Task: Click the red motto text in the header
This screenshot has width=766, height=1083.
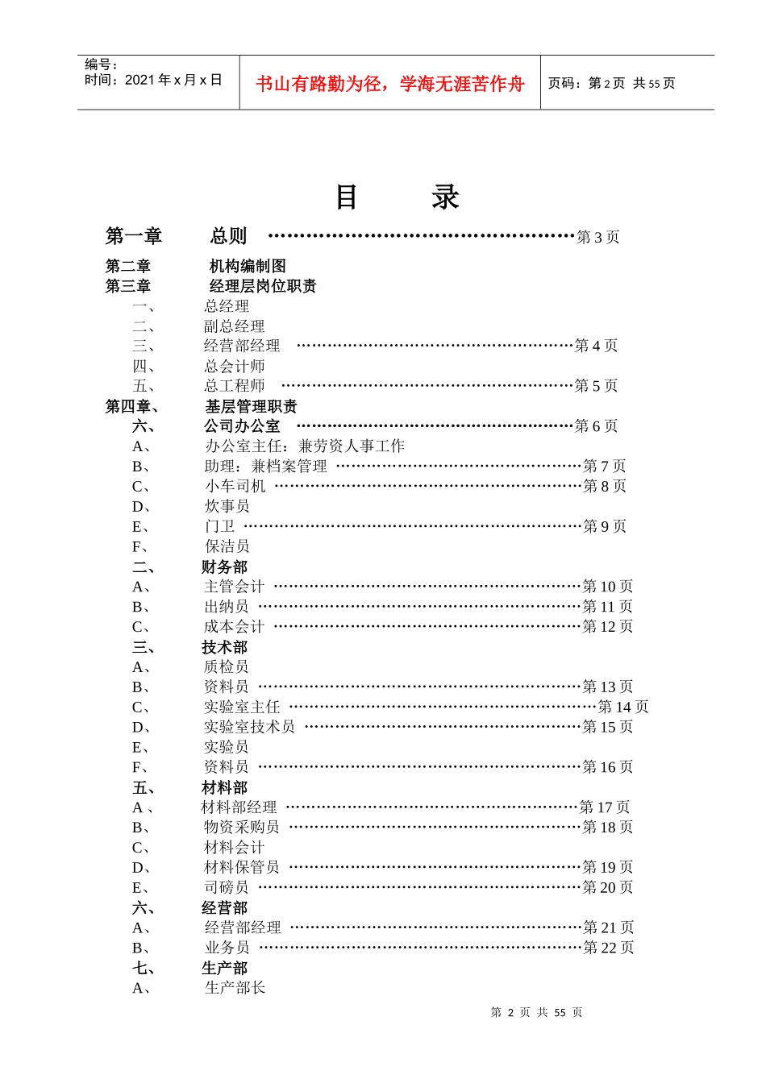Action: point(389,84)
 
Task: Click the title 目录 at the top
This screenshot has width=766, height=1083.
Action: point(396,197)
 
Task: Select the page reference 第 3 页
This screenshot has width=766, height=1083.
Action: point(597,237)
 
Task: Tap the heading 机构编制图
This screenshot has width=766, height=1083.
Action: point(248,266)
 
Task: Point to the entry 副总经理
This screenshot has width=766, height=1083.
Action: point(234,326)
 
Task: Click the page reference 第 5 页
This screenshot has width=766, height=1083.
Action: point(596,386)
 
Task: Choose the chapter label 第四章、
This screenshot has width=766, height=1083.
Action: point(132,407)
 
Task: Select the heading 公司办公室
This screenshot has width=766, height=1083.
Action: point(242,426)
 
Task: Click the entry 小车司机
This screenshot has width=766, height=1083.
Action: point(235,486)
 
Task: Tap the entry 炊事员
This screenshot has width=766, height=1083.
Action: point(227,506)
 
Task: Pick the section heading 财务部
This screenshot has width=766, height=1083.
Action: point(224,567)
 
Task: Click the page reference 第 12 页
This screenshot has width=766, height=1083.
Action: point(608,626)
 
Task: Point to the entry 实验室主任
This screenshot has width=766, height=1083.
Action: point(242,707)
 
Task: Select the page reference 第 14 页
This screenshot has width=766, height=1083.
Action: point(622,707)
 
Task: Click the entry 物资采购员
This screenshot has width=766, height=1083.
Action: point(242,827)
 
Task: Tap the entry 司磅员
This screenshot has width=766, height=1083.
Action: point(227,887)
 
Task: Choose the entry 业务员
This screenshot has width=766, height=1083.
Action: point(227,948)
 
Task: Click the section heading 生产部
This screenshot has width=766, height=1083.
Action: point(224,968)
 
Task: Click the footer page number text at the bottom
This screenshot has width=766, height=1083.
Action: point(536,1012)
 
